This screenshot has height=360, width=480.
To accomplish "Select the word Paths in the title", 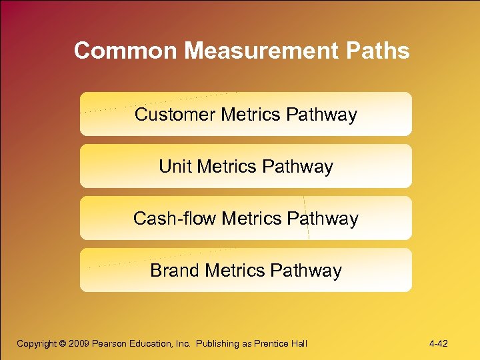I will (x=380, y=51).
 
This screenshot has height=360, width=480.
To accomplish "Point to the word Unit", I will (x=175, y=167).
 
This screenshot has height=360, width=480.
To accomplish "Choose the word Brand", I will (x=175, y=271).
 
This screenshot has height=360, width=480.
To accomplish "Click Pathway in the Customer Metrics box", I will (x=321, y=115).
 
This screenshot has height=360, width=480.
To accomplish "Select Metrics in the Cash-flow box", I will (x=253, y=219).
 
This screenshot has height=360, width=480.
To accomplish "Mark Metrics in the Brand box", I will (x=238, y=271).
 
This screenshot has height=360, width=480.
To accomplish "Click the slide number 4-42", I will (x=439, y=344).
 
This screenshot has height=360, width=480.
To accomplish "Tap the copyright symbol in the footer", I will (x=64, y=344).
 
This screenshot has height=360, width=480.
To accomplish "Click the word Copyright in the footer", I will (x=37, y=344).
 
